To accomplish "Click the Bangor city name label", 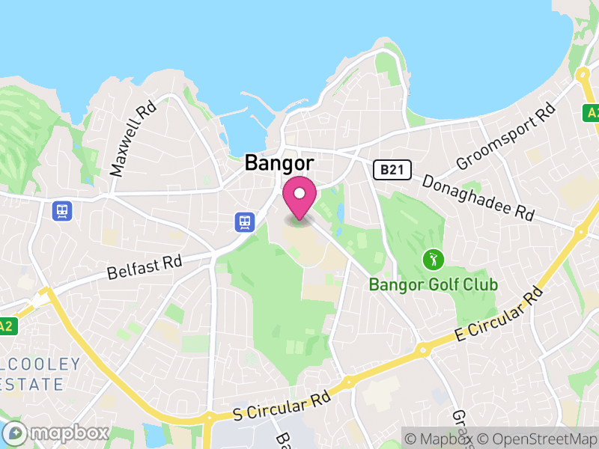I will (279, 163).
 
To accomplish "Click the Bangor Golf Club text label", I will (433, 285).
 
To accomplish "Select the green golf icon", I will (433, 260).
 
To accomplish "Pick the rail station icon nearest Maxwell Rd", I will (61, 211).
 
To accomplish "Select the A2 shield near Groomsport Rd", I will (592, 113).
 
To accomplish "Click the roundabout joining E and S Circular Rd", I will (423, 349).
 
